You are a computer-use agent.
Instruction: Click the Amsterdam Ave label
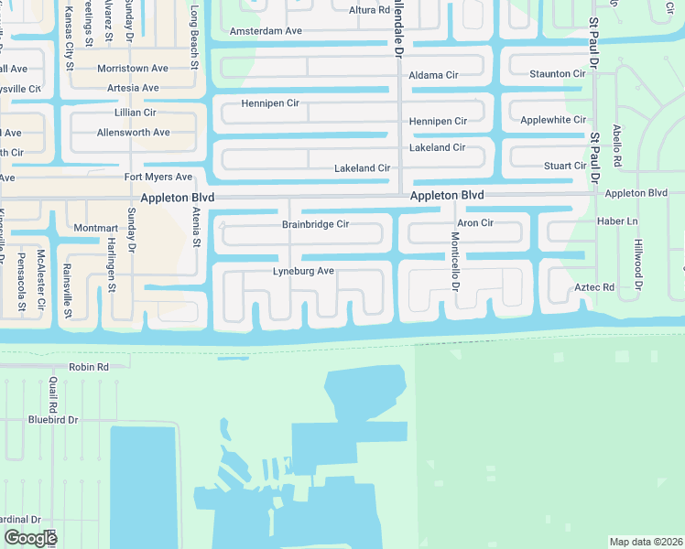266,31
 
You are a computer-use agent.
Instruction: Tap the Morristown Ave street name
134,69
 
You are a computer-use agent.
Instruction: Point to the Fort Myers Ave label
158,177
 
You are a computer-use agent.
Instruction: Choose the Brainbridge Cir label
316,224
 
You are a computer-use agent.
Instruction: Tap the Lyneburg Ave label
303,272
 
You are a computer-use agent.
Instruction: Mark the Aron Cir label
475,223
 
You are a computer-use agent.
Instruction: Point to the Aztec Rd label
594,288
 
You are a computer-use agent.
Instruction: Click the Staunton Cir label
558,73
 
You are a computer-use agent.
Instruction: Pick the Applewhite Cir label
553,120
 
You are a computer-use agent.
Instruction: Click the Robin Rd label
89,367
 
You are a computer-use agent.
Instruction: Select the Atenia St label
196,228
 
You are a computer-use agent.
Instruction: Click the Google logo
30,538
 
